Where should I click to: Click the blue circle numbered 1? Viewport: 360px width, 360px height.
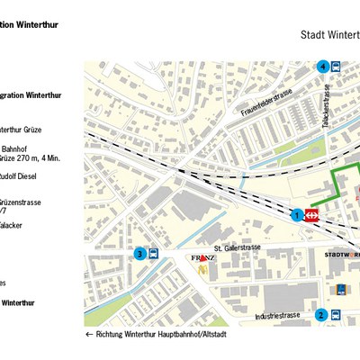297,214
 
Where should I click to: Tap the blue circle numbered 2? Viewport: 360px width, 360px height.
320,315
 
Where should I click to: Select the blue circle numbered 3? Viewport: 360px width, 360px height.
139,254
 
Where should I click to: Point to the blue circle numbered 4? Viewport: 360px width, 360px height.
322,66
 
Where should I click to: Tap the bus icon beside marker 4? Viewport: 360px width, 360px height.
336,66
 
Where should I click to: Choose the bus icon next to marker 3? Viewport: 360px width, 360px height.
153,254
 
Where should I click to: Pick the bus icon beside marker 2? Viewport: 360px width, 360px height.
335,315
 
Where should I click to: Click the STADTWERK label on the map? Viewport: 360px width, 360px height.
340,255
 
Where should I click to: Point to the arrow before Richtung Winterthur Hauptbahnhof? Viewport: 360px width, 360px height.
89,334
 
